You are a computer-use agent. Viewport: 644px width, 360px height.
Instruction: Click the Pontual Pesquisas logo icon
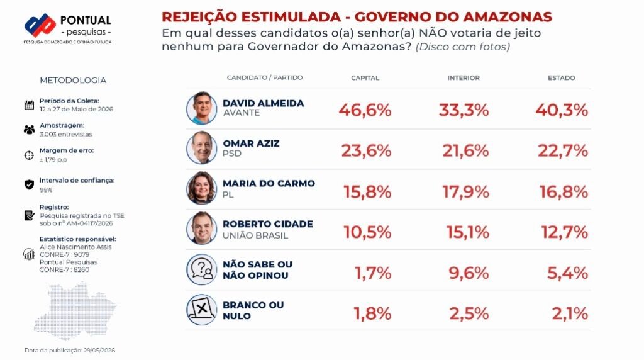(40, 25)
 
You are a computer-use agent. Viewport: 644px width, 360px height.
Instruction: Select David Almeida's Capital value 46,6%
(365, 110)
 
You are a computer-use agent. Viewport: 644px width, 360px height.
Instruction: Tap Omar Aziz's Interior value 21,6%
(465, 151)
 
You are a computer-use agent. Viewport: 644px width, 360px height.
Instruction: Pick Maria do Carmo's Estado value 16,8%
(563, 191)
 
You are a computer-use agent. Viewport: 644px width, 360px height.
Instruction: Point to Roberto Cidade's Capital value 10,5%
(367, 232)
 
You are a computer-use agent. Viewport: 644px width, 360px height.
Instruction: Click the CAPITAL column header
(365, 77)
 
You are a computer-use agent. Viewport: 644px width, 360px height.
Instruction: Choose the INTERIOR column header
(464, 77)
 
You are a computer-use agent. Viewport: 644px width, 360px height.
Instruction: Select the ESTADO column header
(562, 77)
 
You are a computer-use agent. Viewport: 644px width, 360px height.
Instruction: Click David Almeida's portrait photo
(202, 108)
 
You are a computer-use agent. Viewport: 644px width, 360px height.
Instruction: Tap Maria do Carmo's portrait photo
(202, 188)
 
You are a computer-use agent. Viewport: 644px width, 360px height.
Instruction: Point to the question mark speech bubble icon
(202, 269)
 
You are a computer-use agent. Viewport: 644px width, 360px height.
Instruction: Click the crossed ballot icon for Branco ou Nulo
(202, 310)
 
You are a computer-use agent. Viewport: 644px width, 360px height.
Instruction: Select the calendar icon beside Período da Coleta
(29, 105)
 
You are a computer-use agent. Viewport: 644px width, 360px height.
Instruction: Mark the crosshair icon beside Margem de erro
(29, 155)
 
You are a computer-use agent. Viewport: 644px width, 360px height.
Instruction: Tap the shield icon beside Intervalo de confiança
(29, 184)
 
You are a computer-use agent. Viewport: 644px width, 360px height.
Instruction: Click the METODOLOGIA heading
(73, 80)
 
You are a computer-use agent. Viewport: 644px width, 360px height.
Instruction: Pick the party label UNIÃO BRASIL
(255, 235)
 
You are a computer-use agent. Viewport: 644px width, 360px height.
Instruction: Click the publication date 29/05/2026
(99, 351)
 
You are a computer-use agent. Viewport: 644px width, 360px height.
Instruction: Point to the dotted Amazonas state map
(75, 311)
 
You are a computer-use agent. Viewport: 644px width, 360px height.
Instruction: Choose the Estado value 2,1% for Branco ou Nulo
(570, 313)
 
